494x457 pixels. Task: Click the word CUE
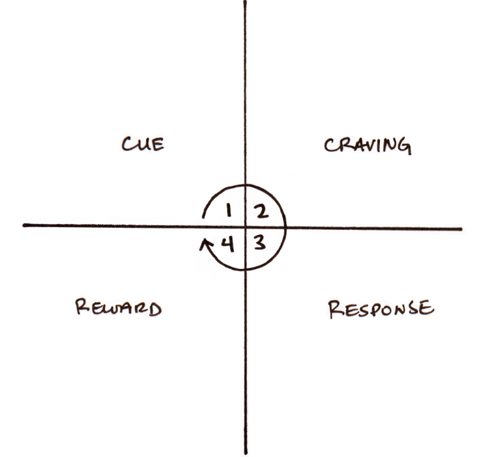[143, 144]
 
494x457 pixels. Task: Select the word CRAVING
[368, 146]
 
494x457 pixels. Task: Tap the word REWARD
[119, 307]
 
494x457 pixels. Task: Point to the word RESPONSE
[381, 309]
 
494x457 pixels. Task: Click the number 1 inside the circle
[229, 210]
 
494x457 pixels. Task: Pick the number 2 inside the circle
[261, 211]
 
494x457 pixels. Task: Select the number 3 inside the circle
[260, 243]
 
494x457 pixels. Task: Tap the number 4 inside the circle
[228, 245]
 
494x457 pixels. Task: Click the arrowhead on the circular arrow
[205, 244]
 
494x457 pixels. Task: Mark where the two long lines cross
[246, 227]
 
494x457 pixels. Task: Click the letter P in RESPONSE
[376, 309]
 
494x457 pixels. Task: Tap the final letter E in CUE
[158, 145]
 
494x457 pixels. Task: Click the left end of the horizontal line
[24, 225]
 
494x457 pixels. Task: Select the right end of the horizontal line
[461, 229]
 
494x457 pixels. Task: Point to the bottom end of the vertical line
[246, 453]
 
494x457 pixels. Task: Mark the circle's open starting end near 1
[203, 217]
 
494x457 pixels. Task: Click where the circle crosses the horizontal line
[285, 228]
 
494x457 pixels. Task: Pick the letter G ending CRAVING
[405, 147]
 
